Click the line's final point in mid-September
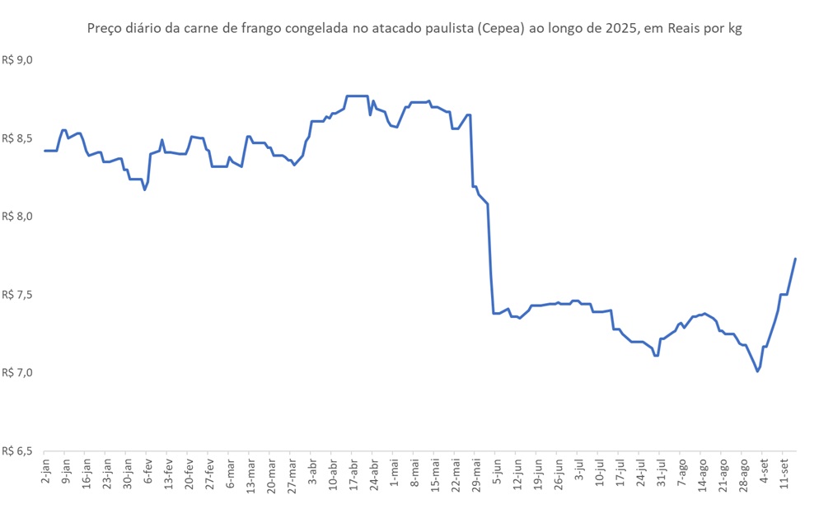pos(795,259)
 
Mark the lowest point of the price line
pos(757,371)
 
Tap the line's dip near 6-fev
pos(145,190)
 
